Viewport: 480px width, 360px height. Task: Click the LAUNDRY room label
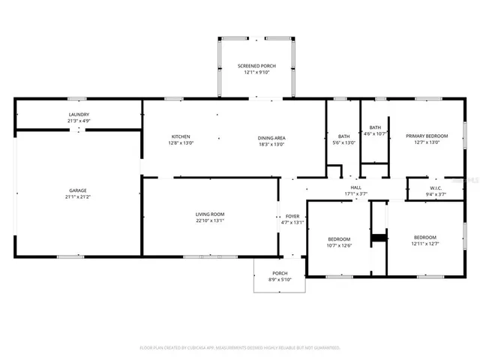79,113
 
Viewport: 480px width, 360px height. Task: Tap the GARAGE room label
79,190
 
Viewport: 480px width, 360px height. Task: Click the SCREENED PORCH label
256,66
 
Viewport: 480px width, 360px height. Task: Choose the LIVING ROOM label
210,214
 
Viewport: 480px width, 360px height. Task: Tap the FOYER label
292,215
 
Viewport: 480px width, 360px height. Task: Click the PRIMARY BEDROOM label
427,136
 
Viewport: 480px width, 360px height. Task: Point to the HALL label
355,187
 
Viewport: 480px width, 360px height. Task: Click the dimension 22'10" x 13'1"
210,221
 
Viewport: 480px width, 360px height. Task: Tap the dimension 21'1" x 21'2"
79,197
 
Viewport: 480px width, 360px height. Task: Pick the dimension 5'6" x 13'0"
344,142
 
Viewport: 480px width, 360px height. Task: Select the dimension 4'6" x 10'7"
375,134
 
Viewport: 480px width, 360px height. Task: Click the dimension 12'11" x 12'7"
424,244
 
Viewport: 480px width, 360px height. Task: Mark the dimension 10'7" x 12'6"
339,245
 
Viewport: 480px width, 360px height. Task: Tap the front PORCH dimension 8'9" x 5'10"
280,280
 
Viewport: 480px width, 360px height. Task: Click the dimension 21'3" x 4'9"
79,120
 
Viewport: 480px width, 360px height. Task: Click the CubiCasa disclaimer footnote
240,347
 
